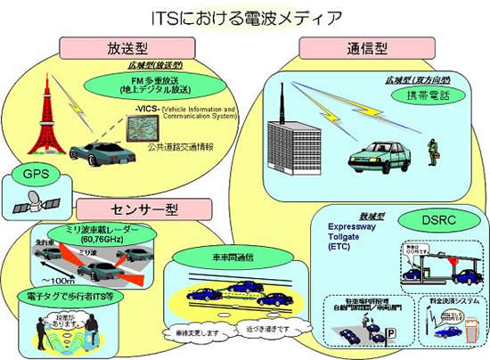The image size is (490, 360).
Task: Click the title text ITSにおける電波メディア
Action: (244, 16)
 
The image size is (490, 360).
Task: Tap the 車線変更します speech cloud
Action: (195, 333)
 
